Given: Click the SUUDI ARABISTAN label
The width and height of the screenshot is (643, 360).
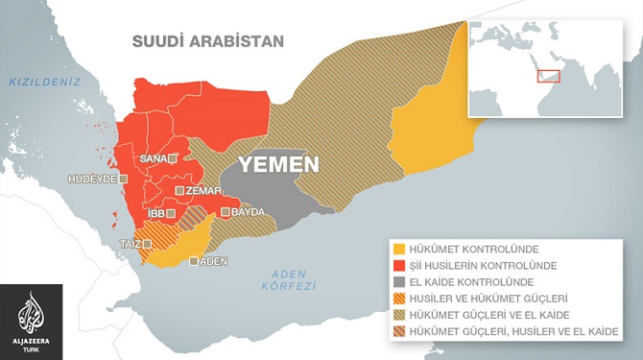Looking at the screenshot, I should coord(208,41).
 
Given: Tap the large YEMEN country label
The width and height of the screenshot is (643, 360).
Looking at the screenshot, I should coord(278,164).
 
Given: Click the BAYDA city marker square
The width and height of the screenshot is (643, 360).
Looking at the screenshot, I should coord(225,212).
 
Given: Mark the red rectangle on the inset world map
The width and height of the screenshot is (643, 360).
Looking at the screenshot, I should coord(548,75).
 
